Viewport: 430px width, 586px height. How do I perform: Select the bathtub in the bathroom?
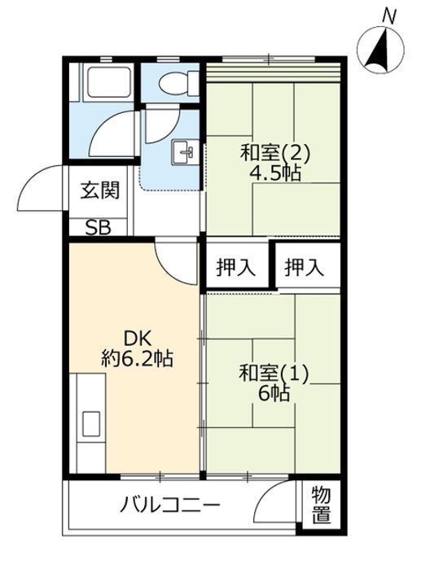[x=109, y=82]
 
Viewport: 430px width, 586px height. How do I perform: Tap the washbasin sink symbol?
[x=185, y=151]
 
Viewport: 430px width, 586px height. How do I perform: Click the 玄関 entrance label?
[x=100, y=190]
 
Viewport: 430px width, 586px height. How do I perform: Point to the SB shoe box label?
[x=98, y=227]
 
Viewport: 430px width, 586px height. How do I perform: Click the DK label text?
[x=137, y=339]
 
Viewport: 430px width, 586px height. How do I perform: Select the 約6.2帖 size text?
[x=137, y=359]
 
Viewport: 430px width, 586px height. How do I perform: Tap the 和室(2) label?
[x=275, y=153]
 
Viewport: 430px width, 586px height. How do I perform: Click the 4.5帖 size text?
[x=275, y=173]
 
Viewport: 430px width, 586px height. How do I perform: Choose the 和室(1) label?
[x=274, y=374]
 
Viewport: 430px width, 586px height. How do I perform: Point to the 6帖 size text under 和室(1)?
[x=274, y=393]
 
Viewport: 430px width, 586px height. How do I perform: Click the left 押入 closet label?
[x=236, y=268]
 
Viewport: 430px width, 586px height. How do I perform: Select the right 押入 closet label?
[x=304, y=268]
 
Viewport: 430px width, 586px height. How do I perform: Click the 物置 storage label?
[x=321, y=505]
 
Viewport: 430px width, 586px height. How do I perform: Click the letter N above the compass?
[x=389, y=16]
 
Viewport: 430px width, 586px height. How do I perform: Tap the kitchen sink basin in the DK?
[x=91, y=424]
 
